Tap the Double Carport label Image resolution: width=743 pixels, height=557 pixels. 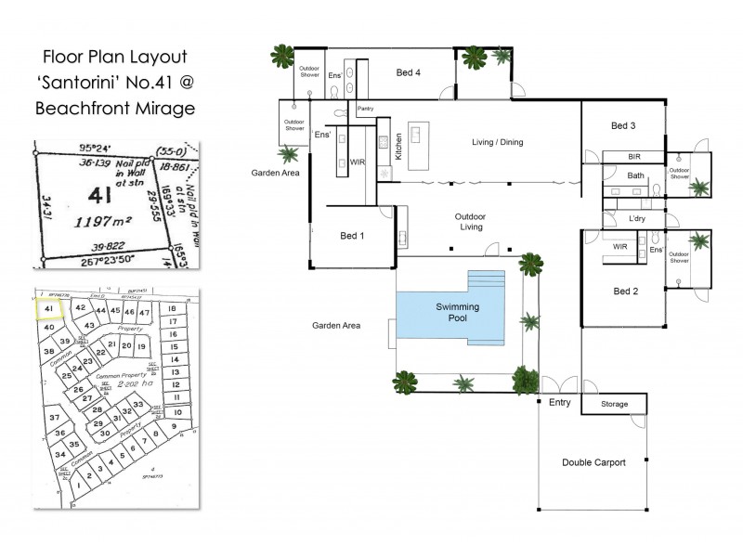pos(593,462)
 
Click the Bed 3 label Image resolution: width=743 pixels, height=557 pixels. pos(623,125)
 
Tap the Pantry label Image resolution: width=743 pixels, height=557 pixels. pos(364,109)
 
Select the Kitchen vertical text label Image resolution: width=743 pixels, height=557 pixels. pos(398,148)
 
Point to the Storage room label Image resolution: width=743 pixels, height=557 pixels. pos(614,405)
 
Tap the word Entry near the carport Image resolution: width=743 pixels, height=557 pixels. pos(560,402)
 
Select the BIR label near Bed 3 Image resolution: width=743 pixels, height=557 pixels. pos(634,157)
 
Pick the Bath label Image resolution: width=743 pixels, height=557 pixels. pos(635,175)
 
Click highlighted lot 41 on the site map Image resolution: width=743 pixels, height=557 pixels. pos(48,307)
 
